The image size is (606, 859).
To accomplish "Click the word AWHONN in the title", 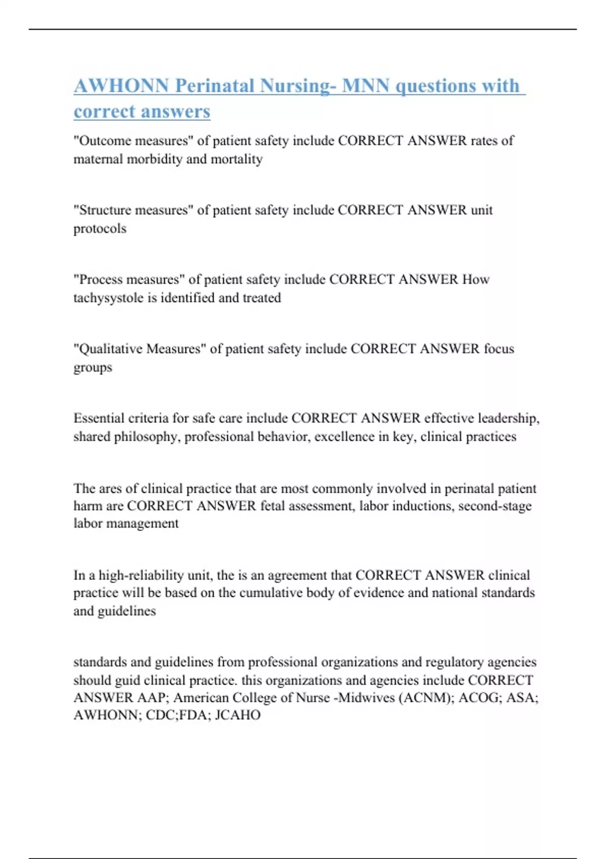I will [x=121, y=86].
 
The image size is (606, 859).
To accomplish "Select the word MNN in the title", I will [x=366, y=86].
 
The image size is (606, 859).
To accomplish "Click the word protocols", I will [x=100, y=228].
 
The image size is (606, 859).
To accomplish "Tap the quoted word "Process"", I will [x=101, y=279].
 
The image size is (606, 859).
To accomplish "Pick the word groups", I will [x=93, y=368].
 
